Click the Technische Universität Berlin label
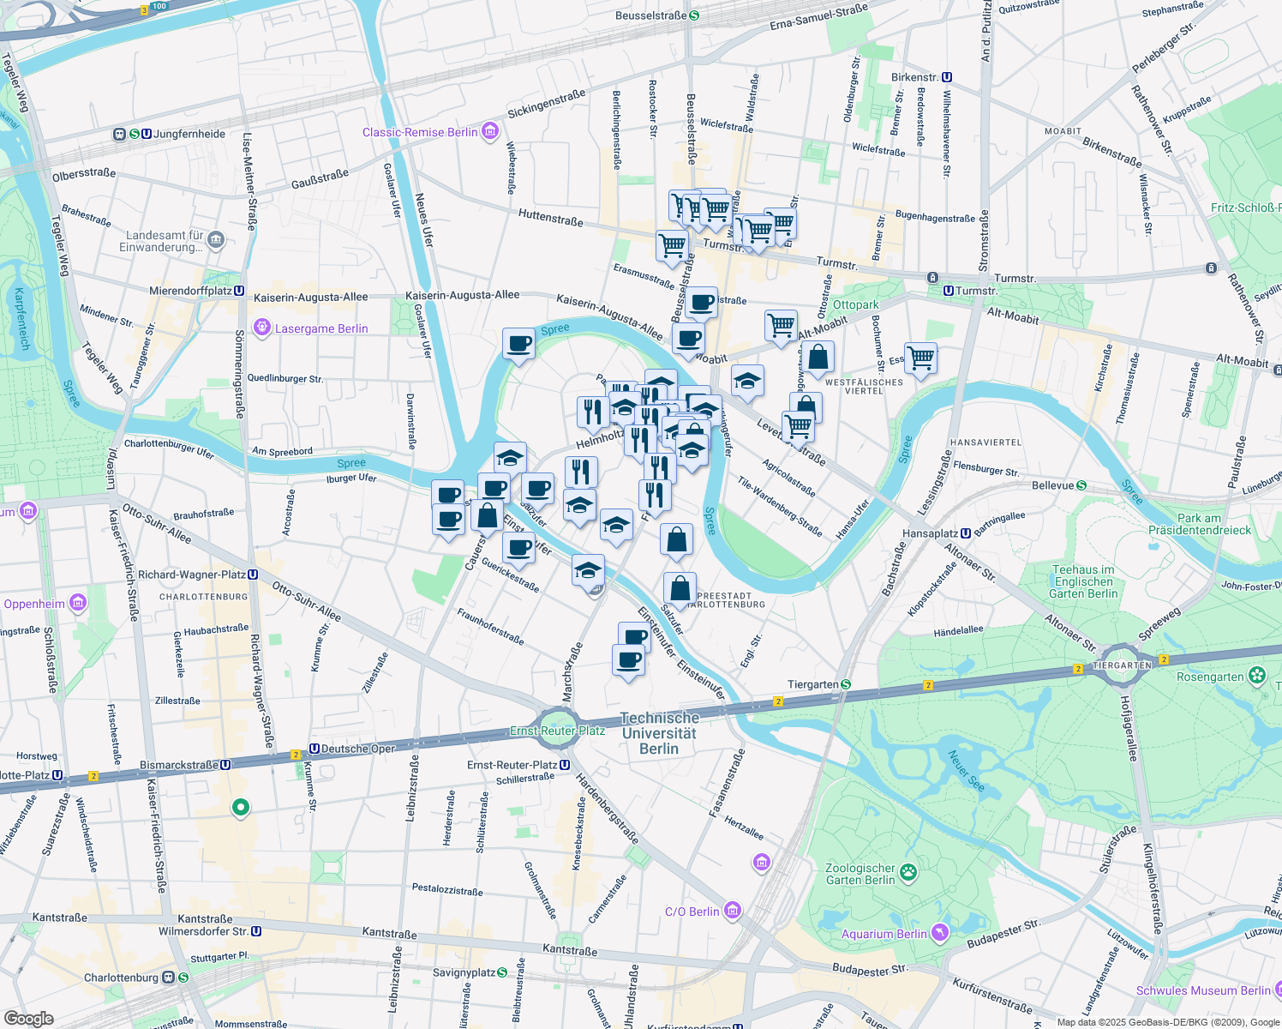click(659, 733)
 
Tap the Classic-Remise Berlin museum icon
click(490, 131)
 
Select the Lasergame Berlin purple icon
click(262, 328)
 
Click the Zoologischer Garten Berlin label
click(860, 874)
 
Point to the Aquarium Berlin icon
click(941, 933)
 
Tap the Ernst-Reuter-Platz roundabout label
click(557, 731)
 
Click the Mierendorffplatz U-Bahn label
click(190, 291)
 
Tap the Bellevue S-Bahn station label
click(1053, 485)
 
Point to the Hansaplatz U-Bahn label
click(931, 533)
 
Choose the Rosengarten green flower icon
click(1257, 676)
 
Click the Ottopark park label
click(855, 305)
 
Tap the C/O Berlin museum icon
click(732, 911)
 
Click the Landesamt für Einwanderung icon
click(216, 240)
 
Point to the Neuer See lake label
click(966, 771)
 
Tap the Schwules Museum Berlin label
click(1203, 990)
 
